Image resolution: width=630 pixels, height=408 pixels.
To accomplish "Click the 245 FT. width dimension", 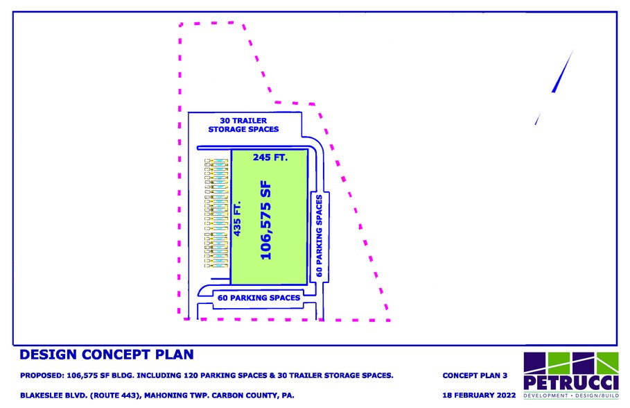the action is coord(270,157).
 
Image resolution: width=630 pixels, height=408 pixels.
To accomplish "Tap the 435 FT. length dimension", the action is coord(237,219).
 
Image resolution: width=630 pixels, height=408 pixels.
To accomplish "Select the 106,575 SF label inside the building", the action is coord(265,221).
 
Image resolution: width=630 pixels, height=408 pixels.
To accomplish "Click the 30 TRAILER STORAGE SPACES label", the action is coord(243,125).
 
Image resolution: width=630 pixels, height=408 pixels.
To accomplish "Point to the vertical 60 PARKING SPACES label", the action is coord(320,236).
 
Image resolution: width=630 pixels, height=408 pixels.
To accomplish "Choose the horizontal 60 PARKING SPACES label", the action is coord(259,298).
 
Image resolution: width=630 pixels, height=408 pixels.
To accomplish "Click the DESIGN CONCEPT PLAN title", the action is coord(107,355).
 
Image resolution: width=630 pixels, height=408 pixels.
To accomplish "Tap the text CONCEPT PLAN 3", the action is coord(475,375).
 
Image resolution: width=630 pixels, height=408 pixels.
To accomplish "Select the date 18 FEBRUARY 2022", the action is coord(479,395).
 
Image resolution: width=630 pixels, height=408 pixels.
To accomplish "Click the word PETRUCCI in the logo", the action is coord(571,382).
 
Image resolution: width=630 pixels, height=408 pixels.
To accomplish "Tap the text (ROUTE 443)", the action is coord(115,396).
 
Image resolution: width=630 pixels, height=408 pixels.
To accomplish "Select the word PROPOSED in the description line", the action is coord(42,375).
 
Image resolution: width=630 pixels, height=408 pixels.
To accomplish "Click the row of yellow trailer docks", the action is coord(216,213).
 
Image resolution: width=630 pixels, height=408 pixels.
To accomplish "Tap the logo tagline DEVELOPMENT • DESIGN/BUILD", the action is coord(571,396).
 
